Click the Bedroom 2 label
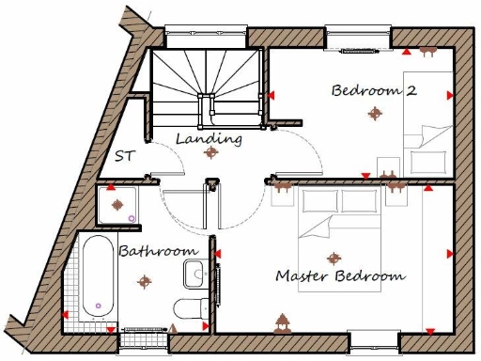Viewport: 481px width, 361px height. [373, 91]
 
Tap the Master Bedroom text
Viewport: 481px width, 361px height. [340, 276]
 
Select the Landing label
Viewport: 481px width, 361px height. [209, 139]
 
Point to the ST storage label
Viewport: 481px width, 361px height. [124, 157]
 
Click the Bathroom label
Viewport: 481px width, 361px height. [158, 251]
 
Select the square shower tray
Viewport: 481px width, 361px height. [117, 205]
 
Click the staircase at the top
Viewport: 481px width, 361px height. [206, 85]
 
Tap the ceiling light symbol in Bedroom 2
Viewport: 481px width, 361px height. [376, 114]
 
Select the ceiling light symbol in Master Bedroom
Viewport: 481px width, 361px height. [333, 257]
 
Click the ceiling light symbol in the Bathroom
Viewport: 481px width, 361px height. [143, 279]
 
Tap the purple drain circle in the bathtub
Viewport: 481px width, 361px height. [97, 306]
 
